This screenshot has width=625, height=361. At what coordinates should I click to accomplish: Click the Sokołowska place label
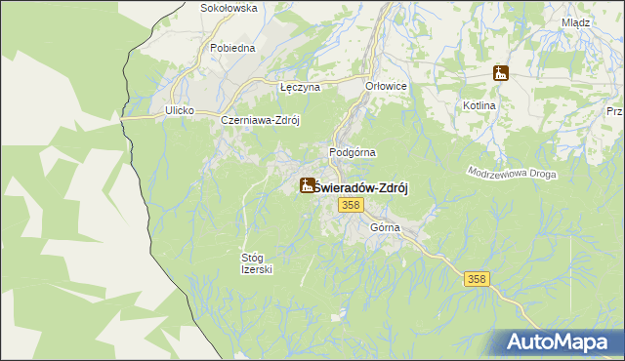(228, 8)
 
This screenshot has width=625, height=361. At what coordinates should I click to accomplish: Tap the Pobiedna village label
(232, 47)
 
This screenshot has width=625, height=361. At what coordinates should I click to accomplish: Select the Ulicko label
(180, 111)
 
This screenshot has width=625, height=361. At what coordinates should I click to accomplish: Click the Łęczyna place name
(300, 87)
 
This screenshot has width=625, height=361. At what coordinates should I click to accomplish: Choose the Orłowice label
(386, 86)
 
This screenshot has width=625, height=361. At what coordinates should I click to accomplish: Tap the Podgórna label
(353, 153)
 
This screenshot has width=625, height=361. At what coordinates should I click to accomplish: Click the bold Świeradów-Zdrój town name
(360, 186)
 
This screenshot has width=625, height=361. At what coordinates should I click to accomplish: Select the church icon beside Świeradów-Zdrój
(307, 185)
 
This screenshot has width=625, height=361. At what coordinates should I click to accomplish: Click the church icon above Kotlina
(501, 74)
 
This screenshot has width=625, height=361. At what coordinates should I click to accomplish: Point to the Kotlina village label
(508, 105)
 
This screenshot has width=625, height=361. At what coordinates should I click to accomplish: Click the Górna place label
(386, 227)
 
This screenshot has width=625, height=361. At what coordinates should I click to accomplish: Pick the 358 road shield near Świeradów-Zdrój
(352, 205)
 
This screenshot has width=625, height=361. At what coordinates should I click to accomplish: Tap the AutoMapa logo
(561, 342)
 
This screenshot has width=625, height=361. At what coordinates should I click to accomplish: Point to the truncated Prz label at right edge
(615, 112)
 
